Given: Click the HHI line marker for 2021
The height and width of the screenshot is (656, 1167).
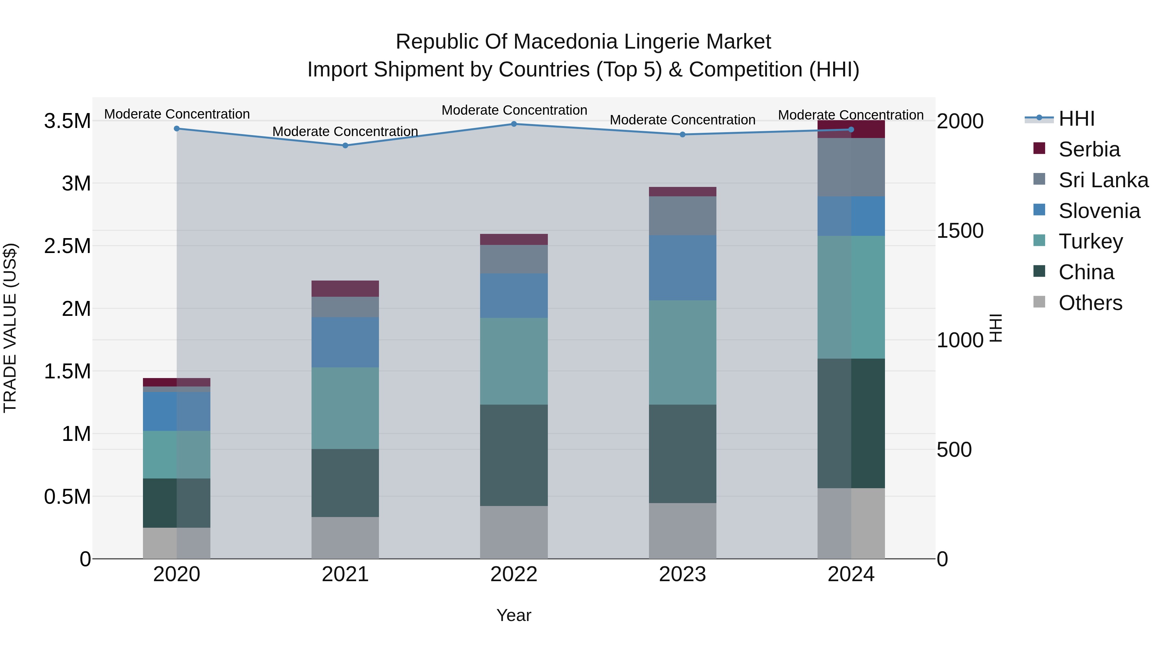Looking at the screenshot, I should (345, 145).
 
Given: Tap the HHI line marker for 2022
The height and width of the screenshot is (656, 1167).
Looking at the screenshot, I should (514, 124).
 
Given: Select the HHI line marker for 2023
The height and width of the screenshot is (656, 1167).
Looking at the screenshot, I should (682, 134).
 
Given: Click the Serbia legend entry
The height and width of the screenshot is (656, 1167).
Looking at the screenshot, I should (1088, 149).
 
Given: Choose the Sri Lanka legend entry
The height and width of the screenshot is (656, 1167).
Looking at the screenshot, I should (1103, 180).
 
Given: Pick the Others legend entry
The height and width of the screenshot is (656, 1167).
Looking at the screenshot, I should (1090, 303).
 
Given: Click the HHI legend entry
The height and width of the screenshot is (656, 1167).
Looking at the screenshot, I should (1076, 119).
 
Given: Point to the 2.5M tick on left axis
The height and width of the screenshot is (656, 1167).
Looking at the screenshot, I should (67, 246).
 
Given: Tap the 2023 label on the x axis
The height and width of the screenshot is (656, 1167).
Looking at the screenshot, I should (682, 574).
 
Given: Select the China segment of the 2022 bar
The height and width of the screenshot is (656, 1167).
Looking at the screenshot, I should (514, 455).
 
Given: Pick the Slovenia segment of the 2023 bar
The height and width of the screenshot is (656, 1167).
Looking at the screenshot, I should (682, 268).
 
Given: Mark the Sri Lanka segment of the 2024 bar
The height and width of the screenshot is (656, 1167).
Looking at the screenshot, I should (851, 167).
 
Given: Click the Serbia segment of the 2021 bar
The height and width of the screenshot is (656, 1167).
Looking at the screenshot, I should (345, 288).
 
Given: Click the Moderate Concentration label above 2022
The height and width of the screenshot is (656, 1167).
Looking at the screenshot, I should (514, 110).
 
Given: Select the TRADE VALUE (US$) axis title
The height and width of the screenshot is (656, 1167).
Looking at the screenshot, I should (10, 328).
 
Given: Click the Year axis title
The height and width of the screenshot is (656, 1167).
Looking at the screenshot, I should (514, 615).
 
